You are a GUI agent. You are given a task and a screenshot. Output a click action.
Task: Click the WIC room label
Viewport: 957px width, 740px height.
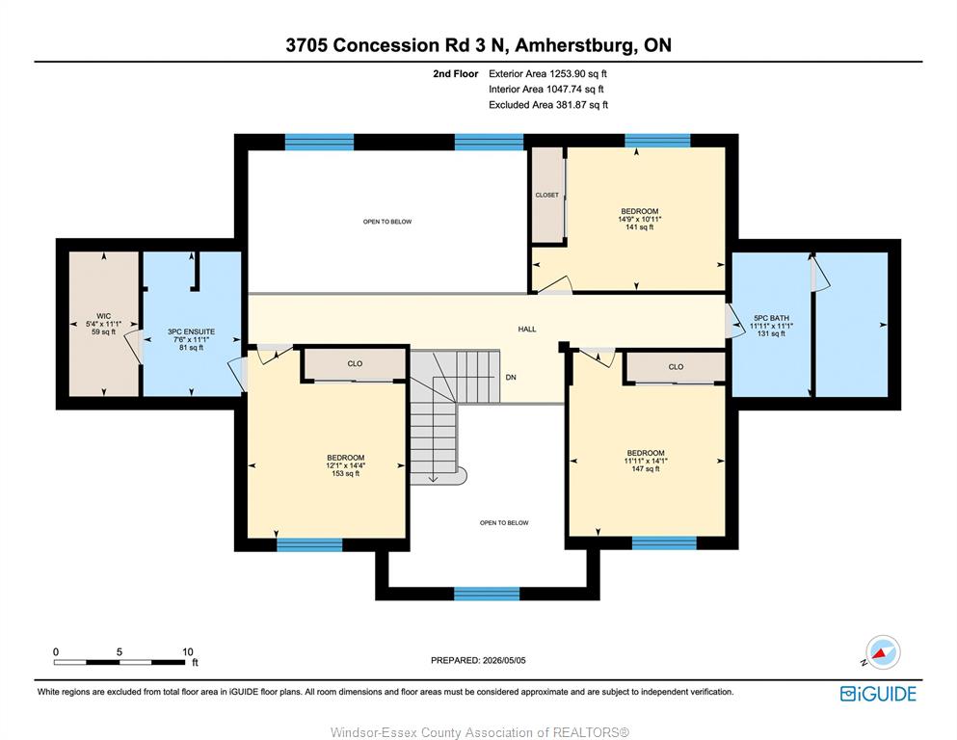104,316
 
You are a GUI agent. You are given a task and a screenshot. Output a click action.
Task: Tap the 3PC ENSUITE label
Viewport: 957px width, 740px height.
191,331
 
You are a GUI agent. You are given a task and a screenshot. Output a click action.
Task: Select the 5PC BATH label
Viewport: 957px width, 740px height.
771,318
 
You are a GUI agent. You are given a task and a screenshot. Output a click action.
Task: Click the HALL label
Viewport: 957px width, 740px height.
527,329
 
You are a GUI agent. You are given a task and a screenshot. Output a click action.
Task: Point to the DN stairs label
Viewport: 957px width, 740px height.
511,377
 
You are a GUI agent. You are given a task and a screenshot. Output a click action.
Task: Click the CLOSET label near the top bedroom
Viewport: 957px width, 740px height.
546,196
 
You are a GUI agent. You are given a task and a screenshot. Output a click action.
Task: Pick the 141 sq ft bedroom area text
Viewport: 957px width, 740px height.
640,227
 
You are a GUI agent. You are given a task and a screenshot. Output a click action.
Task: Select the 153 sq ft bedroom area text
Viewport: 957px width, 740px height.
345,473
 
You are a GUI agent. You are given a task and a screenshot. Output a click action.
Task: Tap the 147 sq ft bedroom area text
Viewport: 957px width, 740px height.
646,468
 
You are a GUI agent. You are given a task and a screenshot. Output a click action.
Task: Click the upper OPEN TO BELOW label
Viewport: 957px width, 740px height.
387,222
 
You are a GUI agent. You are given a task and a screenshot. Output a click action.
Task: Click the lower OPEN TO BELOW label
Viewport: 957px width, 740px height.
504,523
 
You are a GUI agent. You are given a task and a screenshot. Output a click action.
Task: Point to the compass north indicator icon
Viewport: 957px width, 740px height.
882,652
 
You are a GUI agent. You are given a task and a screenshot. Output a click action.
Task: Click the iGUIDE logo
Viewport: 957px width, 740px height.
878,694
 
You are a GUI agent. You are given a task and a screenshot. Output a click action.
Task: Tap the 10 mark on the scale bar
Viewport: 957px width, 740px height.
188,651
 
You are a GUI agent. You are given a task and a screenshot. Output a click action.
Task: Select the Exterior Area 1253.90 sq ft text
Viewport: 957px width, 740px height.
547,74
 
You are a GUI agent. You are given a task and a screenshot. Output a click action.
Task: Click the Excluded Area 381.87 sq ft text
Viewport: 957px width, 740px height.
548,105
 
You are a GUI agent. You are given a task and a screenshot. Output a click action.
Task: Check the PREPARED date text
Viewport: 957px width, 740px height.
478,660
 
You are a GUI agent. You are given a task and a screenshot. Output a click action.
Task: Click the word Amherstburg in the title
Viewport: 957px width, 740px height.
575,45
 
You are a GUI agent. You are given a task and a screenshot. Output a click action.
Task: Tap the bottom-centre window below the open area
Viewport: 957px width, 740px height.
487,594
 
